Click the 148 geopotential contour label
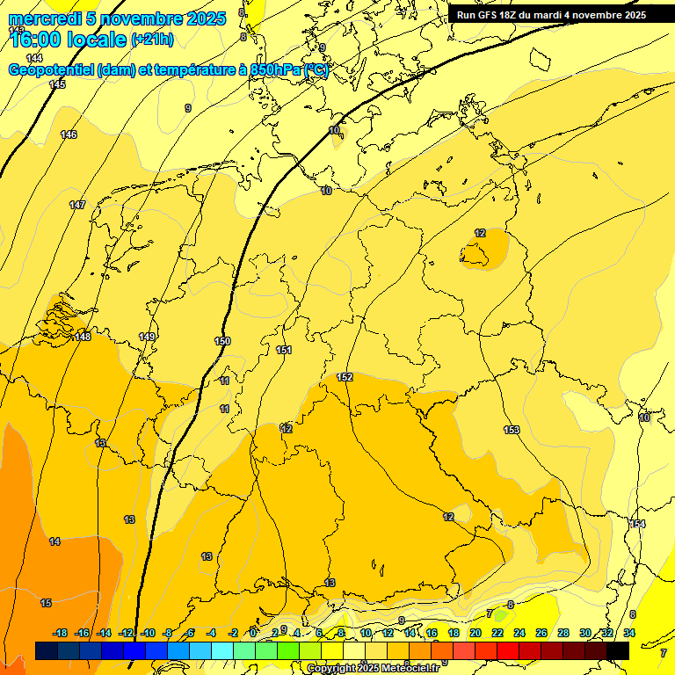[x=83, y=337]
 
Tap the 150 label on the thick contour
[x=222, y=341]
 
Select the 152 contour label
[x=345, y=377]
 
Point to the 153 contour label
[x=512, y=430]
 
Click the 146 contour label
[x=69, y=134]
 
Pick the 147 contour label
[x=77, y=205]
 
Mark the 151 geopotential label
[x=283, y=350]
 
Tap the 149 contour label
[x=147, y=337]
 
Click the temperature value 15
[x=46, y=603]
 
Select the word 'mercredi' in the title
[x=44, y=18]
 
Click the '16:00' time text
[x=36, y=40]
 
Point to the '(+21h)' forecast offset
[x=152, y=40]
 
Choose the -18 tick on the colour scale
[x=60, y=633]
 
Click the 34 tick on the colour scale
[x=629, y=633]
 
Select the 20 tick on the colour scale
[x=475, y=633]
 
